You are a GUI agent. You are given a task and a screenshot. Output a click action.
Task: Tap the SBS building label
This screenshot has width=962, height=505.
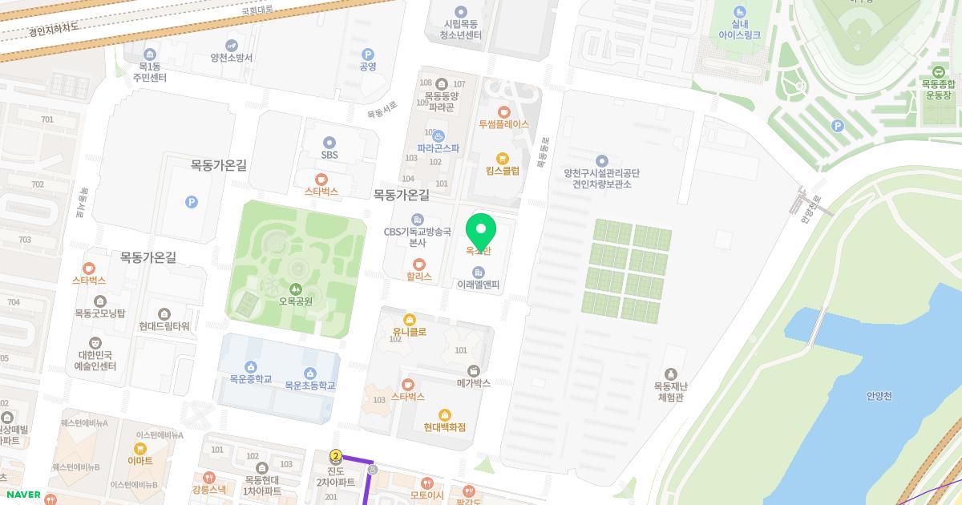(x=329, y=155)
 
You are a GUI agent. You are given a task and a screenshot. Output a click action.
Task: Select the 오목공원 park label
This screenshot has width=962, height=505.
(x=296, y=301)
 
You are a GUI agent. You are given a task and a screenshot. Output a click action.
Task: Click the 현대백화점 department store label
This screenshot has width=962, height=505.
(x=445, y=427)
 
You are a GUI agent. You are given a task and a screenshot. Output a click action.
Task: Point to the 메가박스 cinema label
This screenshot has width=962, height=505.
(x=473, y=382)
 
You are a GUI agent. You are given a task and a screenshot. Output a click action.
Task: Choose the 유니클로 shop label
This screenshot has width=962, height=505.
(x=409, y=331)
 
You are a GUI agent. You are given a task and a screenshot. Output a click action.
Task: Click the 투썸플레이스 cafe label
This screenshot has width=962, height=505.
(x=503, y=124)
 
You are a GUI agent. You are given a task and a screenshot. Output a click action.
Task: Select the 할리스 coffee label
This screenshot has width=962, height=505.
(x=418, y=276)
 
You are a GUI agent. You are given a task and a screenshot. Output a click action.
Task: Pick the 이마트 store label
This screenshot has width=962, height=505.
(x=139, y=461)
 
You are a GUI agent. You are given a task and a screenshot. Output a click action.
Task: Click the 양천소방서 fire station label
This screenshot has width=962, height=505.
(x=232, y=58)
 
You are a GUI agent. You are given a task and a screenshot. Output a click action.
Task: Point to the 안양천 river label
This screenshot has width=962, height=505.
(x=879, y=395)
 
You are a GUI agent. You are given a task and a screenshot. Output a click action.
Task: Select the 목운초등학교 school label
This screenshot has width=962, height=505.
(x=309, y=386)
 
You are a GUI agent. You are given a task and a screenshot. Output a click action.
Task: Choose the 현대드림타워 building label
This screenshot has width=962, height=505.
(x=164, y=326)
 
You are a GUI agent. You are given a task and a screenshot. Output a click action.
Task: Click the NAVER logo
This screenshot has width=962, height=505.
(x=23, y=495)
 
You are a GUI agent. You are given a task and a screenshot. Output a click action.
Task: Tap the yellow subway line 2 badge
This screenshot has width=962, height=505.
(x=336, y=456)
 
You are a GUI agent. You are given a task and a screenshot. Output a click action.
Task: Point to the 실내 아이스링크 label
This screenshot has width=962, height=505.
(x=739, y=29)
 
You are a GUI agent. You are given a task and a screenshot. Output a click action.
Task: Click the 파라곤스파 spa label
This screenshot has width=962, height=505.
(x=438, y=147)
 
